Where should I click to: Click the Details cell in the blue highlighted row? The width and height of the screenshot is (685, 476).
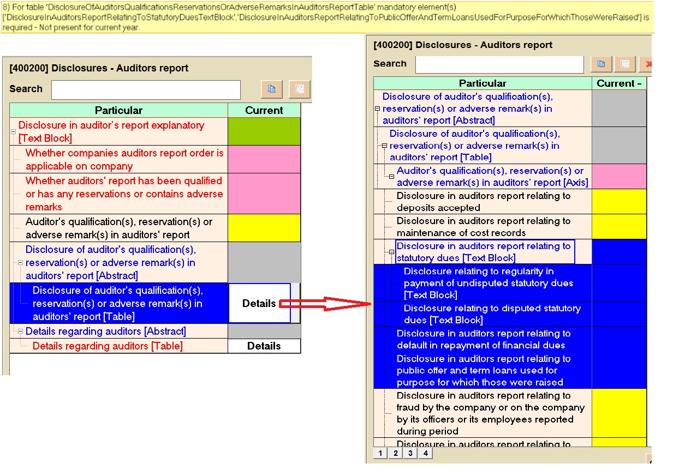tap(259, 303)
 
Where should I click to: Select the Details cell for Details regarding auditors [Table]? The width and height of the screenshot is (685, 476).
tap(264, 346)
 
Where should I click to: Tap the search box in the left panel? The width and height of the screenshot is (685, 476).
tap(146, 89)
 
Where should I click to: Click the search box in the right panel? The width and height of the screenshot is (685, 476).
tap(499, 64)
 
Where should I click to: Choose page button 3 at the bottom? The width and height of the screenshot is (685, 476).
tap(410, 453)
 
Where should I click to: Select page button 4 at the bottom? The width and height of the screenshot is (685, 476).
tap(425, 453)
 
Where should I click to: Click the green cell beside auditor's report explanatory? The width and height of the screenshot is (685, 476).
tap(264, 131)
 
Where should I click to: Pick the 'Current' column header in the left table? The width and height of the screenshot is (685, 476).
tap(264, 110)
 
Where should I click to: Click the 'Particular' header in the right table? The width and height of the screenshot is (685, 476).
tap(482, 83)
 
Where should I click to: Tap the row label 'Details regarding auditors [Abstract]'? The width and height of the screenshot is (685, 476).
tap(105, 332)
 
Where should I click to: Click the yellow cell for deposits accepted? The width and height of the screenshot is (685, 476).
tap(619, 201)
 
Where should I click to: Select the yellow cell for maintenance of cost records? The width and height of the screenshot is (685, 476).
tap(619, 226)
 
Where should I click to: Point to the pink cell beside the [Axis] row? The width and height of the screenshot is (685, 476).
tap(619, 176)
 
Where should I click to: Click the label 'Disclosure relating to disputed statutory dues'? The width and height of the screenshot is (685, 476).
tap(492, 314)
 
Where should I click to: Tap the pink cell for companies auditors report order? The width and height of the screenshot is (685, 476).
tap(264, 159)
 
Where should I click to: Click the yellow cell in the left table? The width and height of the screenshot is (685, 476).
tap(264, 228)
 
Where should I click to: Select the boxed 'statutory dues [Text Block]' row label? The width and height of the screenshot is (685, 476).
tap(485, 252)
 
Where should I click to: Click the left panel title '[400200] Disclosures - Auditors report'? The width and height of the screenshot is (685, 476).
tap(99, 68)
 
